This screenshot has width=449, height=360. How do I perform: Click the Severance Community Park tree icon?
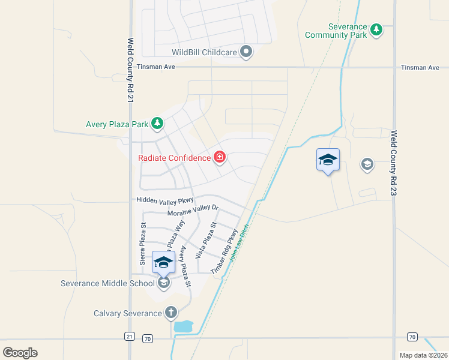376,29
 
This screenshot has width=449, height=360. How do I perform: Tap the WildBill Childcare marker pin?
246,52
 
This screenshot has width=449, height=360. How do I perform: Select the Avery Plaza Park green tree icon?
157,124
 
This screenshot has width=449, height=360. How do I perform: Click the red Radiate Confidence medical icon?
220,158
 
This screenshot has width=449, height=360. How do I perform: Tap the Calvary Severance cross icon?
170,312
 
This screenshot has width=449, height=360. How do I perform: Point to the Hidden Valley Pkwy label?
166,200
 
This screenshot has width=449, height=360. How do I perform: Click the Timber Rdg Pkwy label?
220,252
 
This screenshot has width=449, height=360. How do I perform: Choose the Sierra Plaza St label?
143,245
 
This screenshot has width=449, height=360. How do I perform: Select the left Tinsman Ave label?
155,67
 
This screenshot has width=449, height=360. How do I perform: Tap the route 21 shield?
130,337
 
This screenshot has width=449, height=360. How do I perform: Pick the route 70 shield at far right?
412,337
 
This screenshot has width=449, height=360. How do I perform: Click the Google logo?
20,352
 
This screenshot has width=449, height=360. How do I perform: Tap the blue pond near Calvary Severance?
183,327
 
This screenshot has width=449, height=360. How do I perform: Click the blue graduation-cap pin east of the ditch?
328,160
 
